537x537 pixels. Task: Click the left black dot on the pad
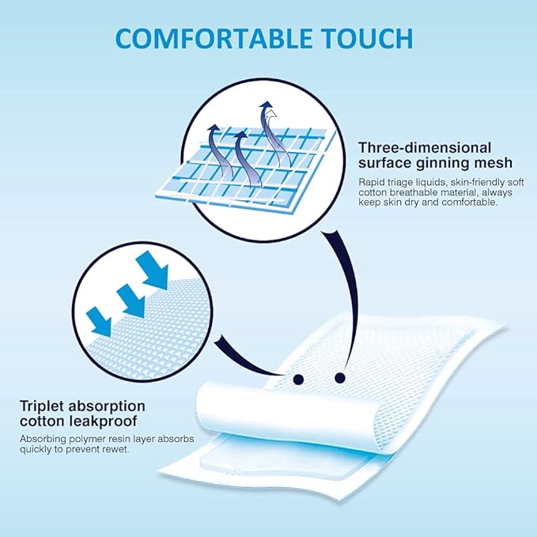pos(299,379)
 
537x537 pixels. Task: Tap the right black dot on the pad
pos(341,376)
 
